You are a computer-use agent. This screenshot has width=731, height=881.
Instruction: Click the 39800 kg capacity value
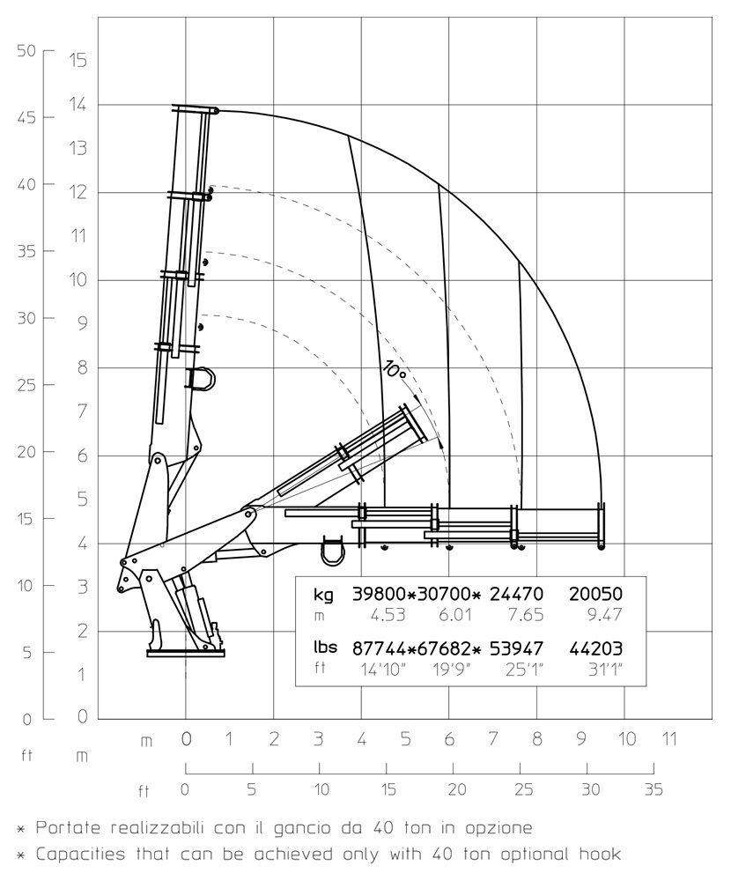coord(380,594)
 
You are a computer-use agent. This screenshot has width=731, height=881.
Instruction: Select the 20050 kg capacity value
coord(595,594)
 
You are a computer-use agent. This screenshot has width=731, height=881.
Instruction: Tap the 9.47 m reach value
coord(604,615)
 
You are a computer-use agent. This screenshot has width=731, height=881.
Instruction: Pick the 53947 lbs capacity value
coord(516,649)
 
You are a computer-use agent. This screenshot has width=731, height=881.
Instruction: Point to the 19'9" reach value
coord(452,670)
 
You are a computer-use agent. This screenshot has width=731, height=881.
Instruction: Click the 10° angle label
coord(395,369)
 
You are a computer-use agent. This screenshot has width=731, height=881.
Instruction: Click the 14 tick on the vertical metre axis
coord(78,105)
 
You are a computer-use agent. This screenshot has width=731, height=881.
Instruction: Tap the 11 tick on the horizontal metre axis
coord(668,739)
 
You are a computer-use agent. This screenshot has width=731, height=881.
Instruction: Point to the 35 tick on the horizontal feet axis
coord(653,789)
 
